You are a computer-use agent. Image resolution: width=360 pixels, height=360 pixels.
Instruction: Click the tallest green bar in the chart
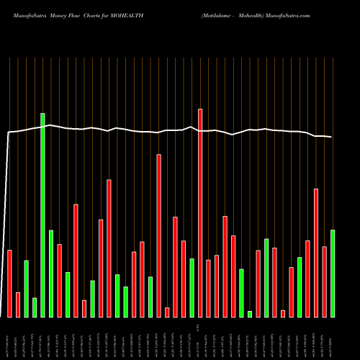[x=42, y=215]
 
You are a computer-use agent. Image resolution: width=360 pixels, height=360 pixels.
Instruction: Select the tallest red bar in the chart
[x=200, y=212]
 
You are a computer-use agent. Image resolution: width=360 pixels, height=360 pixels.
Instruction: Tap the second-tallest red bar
[x=158, y=235]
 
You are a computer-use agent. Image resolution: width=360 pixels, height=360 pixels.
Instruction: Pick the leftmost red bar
[x=9, y=283]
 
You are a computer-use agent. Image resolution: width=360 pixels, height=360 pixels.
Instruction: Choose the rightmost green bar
[x=333, y=273]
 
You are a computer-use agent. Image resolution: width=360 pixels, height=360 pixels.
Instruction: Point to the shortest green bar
[x=250, y=314]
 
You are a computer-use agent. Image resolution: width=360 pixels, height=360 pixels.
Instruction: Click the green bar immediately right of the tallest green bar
[x=51, y=273]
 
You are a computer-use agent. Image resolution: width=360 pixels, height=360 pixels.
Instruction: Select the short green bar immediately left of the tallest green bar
[x=35, y=307]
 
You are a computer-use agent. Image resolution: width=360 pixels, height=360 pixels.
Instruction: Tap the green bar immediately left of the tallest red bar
[x=192, y=287]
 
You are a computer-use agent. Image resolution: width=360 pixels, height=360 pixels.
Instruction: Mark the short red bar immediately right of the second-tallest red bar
[x=167, y=312]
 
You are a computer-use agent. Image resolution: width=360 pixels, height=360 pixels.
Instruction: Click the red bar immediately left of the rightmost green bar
[x=324, y=282]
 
